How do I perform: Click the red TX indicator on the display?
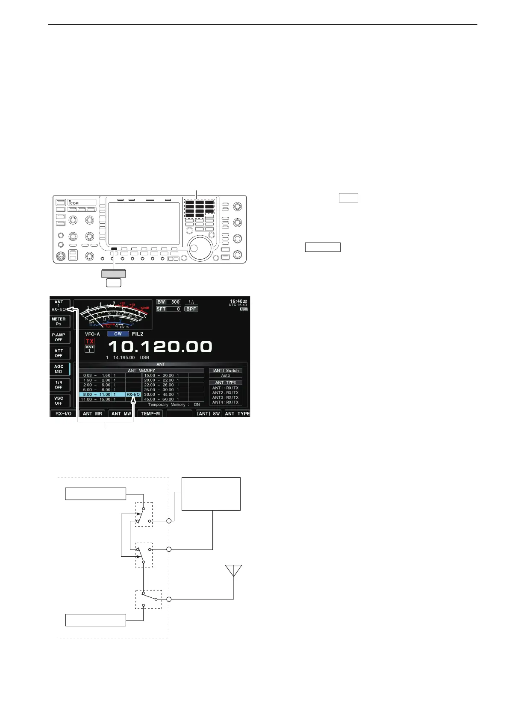(x=89, y=341)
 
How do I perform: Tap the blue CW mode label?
(x=118, y=334)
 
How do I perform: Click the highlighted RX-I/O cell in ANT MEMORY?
(x=133, y=395)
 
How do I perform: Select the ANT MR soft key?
(x=92, y=414)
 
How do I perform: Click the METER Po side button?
(x=59, y=322)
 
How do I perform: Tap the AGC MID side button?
(x=59, y=369)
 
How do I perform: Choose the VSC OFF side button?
(x=59, y=400)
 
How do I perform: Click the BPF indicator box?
(x=191, y=309)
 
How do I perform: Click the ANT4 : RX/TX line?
(x=225, y=402)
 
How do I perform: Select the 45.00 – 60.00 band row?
(x=159, y=400)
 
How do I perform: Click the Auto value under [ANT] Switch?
(x=226, y=376)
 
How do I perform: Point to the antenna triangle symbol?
(x=234, y=570)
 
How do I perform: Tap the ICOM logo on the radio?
(x=74, y=203)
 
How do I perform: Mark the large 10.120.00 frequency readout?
(x=160, y=346)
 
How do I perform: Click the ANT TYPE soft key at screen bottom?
(x=237, y=414)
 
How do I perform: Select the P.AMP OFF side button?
(x=59, y=337)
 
